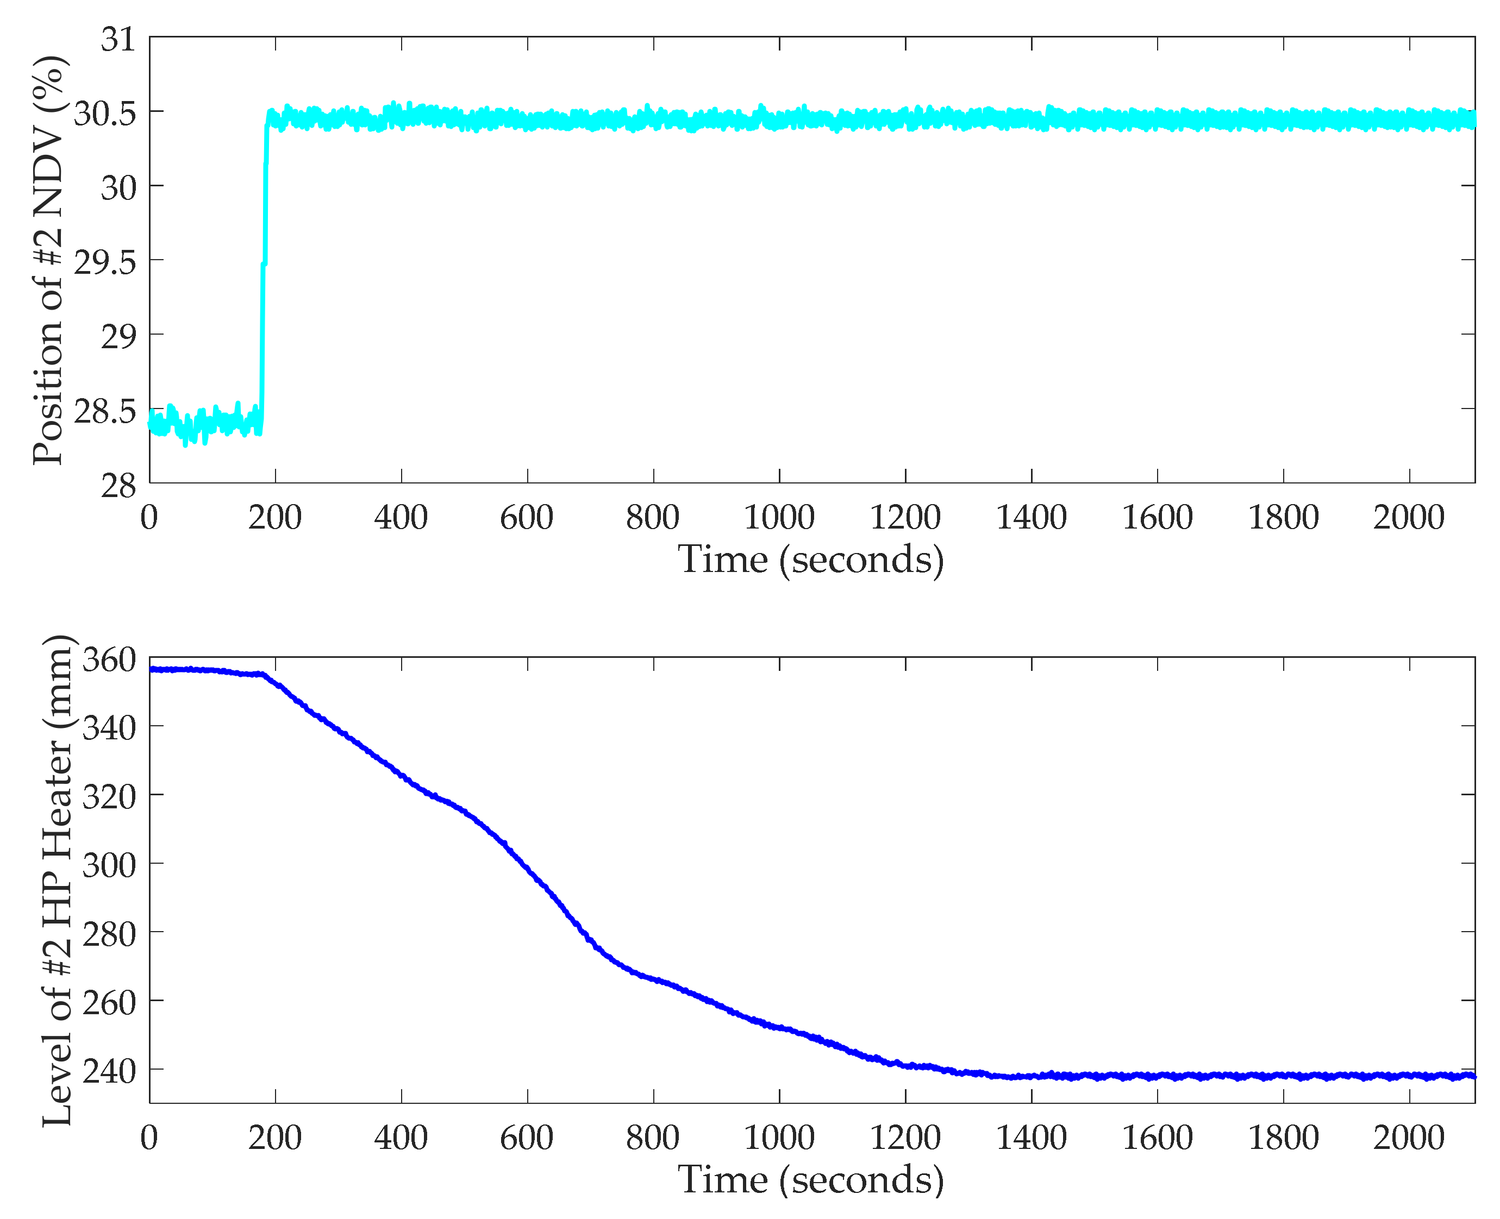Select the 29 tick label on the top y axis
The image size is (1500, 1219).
point(117,336)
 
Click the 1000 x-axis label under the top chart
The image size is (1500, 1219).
point(778,518)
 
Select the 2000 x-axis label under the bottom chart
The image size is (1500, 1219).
point(1409,1138)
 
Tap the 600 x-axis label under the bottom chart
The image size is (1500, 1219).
point(527,1138)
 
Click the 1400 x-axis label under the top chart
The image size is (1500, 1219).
point(1030,518)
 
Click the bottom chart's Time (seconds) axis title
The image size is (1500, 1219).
point(810,1180)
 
